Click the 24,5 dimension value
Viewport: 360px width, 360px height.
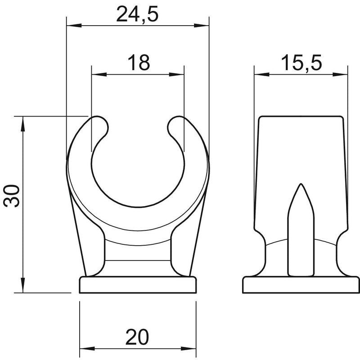(137, 14)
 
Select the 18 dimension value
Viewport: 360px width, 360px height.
(139, 63)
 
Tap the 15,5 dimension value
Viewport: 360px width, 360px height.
(301, 63)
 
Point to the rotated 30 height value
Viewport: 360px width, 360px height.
(12, 196)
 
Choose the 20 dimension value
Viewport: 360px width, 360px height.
(137, 337)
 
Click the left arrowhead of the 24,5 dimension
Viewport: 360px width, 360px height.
(74, 25)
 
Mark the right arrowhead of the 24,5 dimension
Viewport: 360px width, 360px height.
(201, 25)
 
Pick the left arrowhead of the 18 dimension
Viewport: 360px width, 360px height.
(99, 74)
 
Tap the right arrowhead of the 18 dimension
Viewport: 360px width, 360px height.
(176, 74)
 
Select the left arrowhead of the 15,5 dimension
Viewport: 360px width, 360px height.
(262, 74)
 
